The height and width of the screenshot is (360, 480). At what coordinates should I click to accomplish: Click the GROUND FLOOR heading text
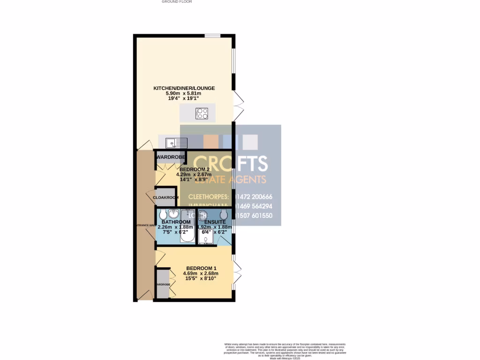[x=177, y=2]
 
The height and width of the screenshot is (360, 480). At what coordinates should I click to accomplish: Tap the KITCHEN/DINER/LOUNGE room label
[x=184, y=88]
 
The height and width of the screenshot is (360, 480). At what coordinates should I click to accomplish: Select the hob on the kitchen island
[x=202, y=113]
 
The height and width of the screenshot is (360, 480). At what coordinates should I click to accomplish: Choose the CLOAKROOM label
[x=165, y=198]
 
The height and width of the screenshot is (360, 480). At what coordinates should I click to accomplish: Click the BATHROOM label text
[x=176, y=222]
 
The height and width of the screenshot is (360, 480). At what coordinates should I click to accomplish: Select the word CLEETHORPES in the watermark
[x=207, y=197]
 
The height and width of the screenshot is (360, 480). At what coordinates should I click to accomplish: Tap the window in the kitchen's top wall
[x=212, y=36]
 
